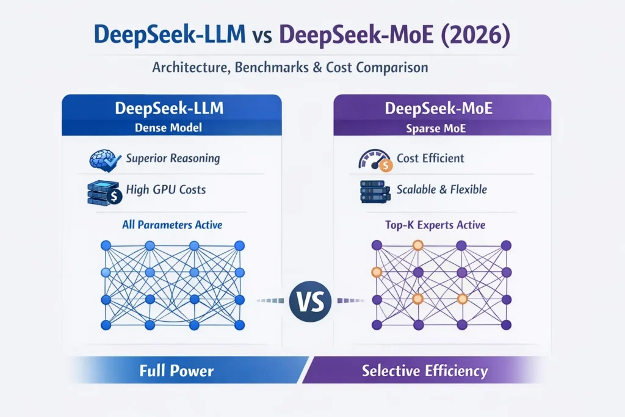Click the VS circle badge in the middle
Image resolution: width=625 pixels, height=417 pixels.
[311, 301]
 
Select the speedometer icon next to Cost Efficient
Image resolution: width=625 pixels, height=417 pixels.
[374, 159]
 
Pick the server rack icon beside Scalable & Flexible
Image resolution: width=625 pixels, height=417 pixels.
[374, 190]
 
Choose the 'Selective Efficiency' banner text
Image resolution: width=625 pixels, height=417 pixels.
[425, 371]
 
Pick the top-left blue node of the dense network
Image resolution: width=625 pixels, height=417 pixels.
[105, 245]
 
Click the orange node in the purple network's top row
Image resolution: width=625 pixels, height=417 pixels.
[418, 245]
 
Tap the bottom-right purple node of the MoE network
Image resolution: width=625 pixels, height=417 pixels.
[505, 325]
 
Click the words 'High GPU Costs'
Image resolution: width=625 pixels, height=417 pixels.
[166, 189]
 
